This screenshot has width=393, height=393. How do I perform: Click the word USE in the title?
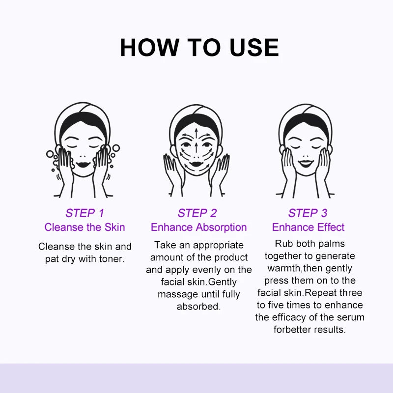(x=254, y=47)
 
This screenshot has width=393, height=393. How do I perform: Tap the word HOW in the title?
(x=150, y=47)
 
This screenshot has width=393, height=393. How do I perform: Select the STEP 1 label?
(x=84, y=213)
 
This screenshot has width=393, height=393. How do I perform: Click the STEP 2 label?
(x=197, y=213)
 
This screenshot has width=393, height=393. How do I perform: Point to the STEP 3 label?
(x=308, y=213)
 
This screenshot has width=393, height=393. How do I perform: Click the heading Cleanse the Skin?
(x=84, y=227)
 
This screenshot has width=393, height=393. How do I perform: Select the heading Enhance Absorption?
(x=199, y=227)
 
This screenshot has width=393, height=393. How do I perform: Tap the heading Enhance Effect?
(x=309, y=227)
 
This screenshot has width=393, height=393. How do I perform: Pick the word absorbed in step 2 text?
(x=199, y=306)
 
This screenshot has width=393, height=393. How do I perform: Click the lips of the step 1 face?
(x=83, y=165)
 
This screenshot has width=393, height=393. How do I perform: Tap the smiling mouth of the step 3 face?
(x=306, y=164)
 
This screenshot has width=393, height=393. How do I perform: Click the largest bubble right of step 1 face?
(x=116, y=148)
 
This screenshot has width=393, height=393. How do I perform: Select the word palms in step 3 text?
(x=333, y=244)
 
